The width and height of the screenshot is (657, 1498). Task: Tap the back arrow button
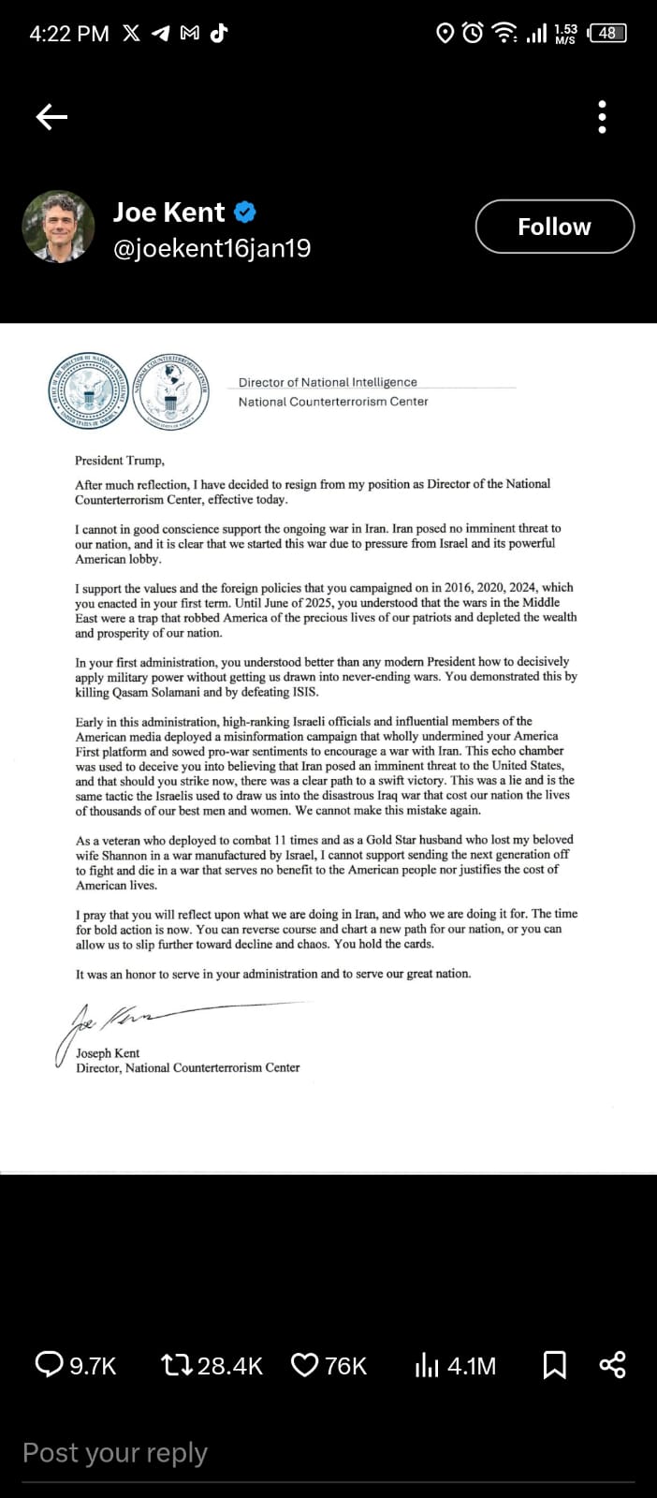click(x=51, y=116)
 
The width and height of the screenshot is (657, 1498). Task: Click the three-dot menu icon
click(x=602, y=117)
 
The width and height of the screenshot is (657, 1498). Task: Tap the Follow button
click(x=554, y=227)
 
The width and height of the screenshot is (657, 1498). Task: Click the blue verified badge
click(x=244, y=213)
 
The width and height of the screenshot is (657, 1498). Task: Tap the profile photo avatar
click(x=58, y=227)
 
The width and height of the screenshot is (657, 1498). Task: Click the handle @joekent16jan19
click(x=212, y=248)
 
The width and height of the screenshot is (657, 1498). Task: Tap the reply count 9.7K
click(x=92, y=1366)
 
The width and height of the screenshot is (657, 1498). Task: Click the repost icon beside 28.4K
click(x=177, y=1365)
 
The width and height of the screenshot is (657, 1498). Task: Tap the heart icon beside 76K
click(x=305, y=1365)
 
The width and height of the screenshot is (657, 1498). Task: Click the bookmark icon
click(x=555, y=1365)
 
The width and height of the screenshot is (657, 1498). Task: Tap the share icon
click(x=612, y=1365)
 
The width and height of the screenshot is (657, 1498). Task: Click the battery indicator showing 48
click(x=607, y=33)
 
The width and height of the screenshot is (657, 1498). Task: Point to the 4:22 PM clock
click(x=68, y=34)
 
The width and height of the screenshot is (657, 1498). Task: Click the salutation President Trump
click(x=120, y=461)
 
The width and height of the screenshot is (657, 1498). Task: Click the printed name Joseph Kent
click(x=108, y=1053)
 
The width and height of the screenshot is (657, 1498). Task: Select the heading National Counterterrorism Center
click(x=333, y=402)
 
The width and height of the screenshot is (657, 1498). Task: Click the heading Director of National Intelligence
click(x=328, y=382)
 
